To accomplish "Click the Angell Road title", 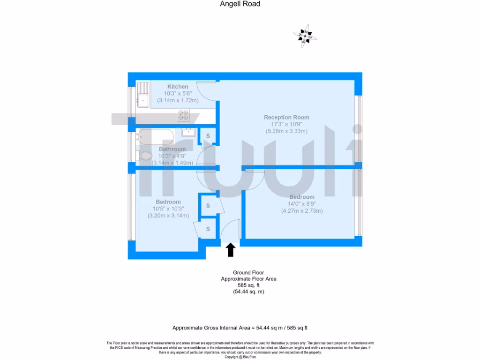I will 240,4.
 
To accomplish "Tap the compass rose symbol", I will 305,35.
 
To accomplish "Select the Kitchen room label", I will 178,87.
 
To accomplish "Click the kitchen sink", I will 142,99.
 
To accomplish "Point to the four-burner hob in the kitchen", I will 183,114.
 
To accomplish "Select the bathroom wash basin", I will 188,132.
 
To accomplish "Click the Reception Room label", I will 286,117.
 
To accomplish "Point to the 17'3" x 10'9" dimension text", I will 286,124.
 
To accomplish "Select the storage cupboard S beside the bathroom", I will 208,136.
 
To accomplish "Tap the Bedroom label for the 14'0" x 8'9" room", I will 302,197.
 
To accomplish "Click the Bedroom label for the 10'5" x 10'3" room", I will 168,202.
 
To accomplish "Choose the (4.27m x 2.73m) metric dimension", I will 302,211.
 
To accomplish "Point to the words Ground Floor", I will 248,272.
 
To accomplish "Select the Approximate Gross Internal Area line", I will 240,328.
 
